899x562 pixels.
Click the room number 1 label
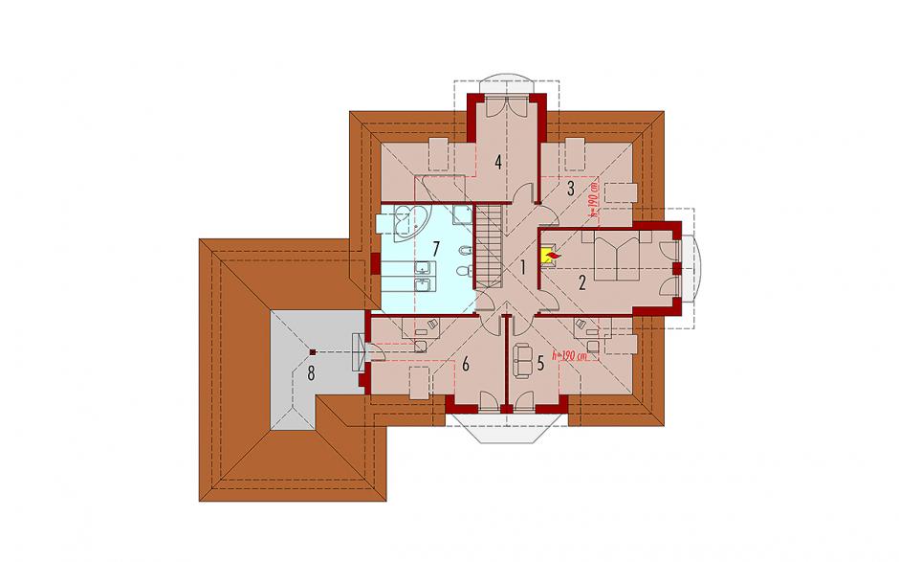(x=523, y=266)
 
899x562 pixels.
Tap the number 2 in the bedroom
(x=582, y=282)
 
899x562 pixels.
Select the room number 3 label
(x=570, y=189)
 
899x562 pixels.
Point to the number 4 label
(x=498, y=163)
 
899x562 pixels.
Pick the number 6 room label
(x=466, y=364)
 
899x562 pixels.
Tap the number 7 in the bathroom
(x=436, y=249)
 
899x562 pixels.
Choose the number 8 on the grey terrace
(x=311, y=373)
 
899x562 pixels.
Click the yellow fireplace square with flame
(x=549, y=257)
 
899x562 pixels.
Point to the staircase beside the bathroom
(x=489, y=247)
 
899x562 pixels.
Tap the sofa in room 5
(x=523, y=361)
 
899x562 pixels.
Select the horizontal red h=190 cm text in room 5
(x=570, y=356)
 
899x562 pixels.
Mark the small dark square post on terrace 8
(x=312, y=352)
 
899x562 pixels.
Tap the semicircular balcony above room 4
(x=506, y=79)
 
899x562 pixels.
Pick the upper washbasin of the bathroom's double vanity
(x=423, y=267)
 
